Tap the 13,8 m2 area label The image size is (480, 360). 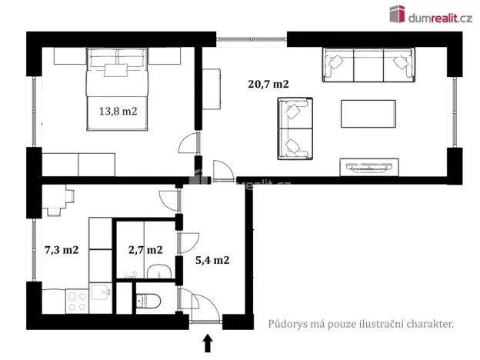coord(118,111)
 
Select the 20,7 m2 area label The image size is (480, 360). coord(268,85)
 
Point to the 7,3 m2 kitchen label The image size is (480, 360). coord(61,249)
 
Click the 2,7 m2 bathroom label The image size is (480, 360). coord(145,249)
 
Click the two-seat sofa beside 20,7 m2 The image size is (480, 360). coord(295,128)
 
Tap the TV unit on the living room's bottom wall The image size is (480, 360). coord(370,165)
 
